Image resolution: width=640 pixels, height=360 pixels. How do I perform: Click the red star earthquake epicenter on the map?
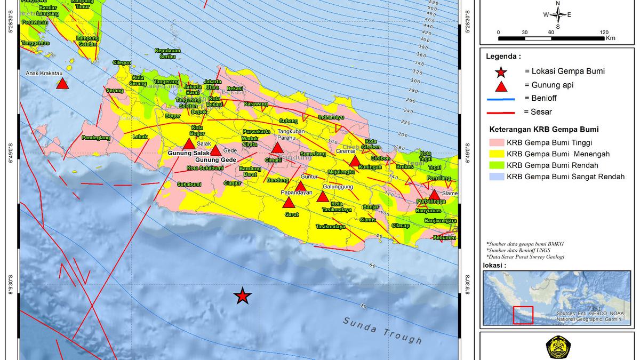pyautogui.click(x=243, y=296)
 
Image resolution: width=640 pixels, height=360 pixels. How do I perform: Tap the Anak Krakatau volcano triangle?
pyautogui.click(x=62, y=84)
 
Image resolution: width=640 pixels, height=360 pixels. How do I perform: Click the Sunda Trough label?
pyautogui.click(x=382, y=330)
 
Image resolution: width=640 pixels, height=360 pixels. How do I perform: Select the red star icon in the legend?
pyautogui.click(x=501, y=71)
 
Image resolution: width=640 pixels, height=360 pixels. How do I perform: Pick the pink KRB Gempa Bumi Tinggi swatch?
pyautogui.click(x=495, y=142)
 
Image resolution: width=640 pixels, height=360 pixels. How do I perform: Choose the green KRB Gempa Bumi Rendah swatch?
pyautogui.click(x=495, y=165)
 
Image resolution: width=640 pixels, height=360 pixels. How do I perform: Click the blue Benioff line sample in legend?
pyautogui.click(x=500, y=98)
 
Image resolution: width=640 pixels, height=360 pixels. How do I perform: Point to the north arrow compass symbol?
pyautogui.click(x=558, y=14)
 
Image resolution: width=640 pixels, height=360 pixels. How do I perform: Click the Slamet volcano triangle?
pyautogui.click(x=435, y=195)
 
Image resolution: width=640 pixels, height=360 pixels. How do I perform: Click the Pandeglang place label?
pyautogui.click(x=95, y=138)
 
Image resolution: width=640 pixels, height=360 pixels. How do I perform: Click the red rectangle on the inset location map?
pyautogui.click(x=523, y=315)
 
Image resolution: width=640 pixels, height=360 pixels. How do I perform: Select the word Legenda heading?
pyautogui.click(x=503, y=56)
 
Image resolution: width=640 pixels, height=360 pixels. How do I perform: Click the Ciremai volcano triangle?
pyautogui.click(x=355, y=162)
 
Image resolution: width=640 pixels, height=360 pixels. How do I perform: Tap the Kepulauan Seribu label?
pyautogui.click(x=167, y=53)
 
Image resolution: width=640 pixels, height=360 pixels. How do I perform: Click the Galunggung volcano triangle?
pyautogui.click(x=323, y=197)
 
